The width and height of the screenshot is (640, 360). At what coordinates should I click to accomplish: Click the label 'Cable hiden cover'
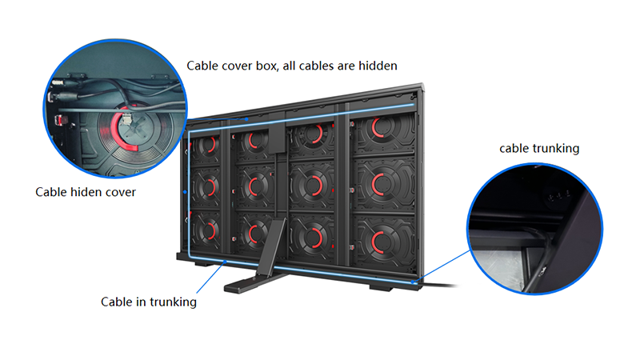pyautogui.click(x=86, y=192)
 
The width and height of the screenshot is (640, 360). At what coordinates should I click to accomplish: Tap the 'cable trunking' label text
pyautogui.click(x=539, y=148)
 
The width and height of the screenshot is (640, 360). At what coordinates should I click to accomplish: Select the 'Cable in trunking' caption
pyautogui.click(x=149, y=302)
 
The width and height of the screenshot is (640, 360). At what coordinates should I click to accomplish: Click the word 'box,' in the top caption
pyautogui.click(x=267, y=66)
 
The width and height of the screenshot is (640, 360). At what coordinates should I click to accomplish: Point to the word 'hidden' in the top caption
pyautogui.click(x=378, y=66)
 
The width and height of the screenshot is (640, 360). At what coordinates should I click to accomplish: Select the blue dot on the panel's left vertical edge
pyautogui.click(x=186, y=191)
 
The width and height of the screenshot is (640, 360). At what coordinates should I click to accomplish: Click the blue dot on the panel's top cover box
pyautogui.click(x=247, y=119)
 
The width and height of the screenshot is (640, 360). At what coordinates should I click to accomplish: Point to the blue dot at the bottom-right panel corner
pyautogui.click(x=413, y=282)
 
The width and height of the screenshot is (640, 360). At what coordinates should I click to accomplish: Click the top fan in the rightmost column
pyautogui.click(x=383, y=130)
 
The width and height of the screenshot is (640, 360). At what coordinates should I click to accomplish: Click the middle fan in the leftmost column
pyautogui.click(x=206, y=187)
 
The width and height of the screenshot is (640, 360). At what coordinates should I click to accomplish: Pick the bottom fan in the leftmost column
pyautogui.click(x=206, y=230)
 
